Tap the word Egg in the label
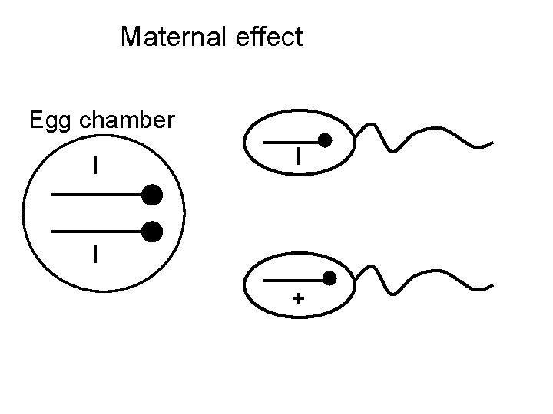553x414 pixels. (x=47, y=120)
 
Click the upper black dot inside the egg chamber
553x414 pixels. (x=152, y=195)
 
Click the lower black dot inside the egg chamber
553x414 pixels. (x=152, y=231)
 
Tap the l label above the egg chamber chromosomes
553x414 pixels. (x=95, y=166)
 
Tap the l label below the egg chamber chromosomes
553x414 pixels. (x=95, y=254)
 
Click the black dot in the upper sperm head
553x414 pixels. (x=325, y=141)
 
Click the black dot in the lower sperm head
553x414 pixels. (x=329, y=278)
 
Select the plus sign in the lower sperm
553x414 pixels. (x=297, y=298)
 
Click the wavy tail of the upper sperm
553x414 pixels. (x=422, y=138)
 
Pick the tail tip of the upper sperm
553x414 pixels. (x=492, y=143)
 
